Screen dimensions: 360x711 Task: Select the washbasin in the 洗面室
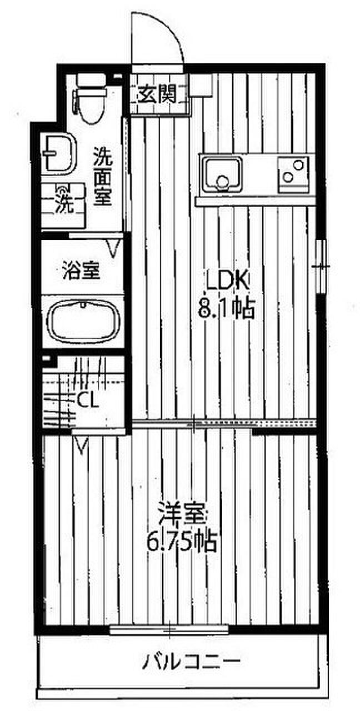coord(59,153)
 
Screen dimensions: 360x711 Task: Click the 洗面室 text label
coord(103,176)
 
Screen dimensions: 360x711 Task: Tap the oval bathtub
coord(82,318)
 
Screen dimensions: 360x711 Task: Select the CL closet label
coord(87,399)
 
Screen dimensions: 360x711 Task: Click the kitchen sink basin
coord(222,173)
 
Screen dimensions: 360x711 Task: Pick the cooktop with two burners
coord(293,173)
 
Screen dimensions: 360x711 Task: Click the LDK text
coord(227,282)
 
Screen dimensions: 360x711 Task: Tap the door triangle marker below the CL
coord(82,444)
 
